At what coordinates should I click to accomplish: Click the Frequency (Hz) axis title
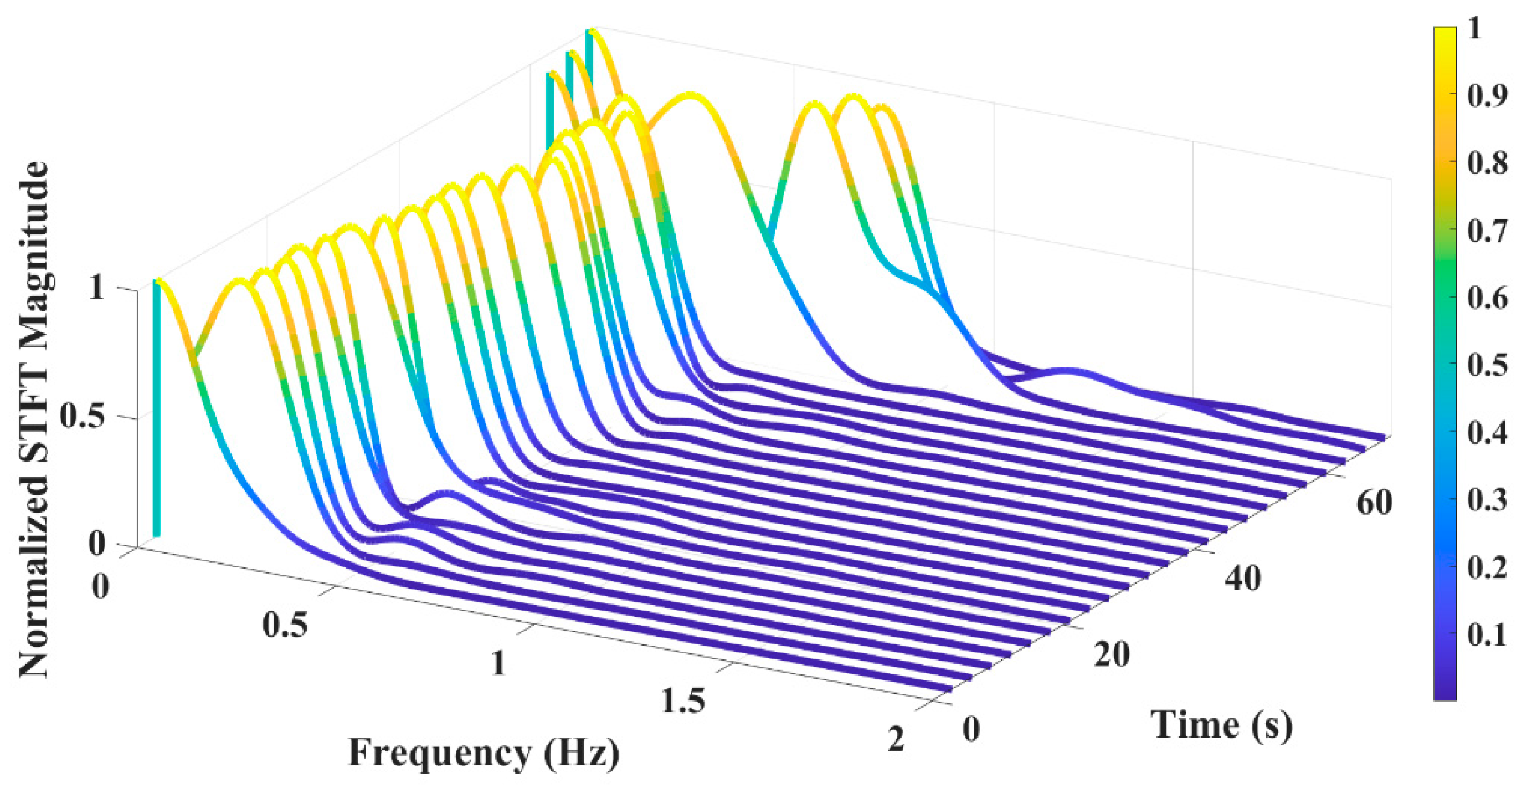pyautogui.click(x=484, y=754)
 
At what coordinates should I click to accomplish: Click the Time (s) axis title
pyautogui.click(x=1222, y=725)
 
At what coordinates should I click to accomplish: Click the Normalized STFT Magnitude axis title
pyautogui.click(x=34, y=418)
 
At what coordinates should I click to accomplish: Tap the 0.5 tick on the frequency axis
pyautogui.click(x=286, y=625)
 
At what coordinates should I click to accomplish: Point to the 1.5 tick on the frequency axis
pyautogui.click(x=683, y=701)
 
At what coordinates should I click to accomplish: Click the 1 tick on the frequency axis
pyautogui.click(x=498, y=663)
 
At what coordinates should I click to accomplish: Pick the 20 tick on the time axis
pyautogui.click(x=1112, y=654)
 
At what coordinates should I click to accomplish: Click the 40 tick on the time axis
pyautogui.click(x=1242, y=578)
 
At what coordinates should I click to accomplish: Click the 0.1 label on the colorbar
pyautogui.click(x=1487, y=635)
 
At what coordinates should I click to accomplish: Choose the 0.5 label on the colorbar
pyautogui.click(x=1487, y=365)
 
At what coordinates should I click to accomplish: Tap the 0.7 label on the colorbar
pyautogui.click(x=1487, y=230)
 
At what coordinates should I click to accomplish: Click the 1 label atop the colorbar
pyautogui.click(x=1474, y=28)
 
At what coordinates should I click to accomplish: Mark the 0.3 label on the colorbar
pyautogui.click(x=1487, y=500)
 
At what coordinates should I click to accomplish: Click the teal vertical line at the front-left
pyautogui.click(x=157, y=409)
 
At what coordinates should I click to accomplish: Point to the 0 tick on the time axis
pyautogui.click(x=971, y=729)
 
